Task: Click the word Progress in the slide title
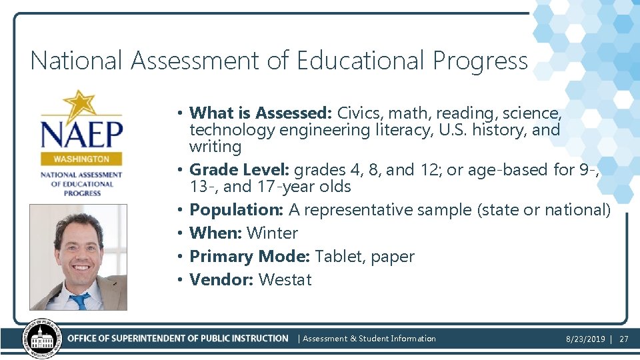pos(480,61)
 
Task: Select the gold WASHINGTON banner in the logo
pos(81,159)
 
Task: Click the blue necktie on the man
pos(81,301)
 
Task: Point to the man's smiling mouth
pos(79,267)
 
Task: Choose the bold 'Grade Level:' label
pos(239,170)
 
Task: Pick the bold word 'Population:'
pos(237,210)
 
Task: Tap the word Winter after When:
pos(272,233)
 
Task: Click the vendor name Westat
pos(285,280)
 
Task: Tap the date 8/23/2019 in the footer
pos(585,339)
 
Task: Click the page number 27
pos(624,339)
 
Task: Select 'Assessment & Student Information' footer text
pos(369,339)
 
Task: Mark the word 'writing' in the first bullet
pos(215,146)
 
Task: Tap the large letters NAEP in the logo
pos(81,133)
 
